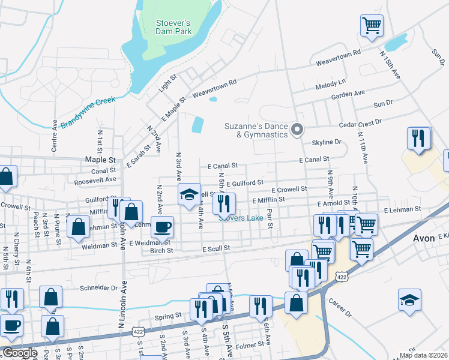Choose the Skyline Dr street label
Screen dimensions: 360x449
pyautogui.click(x=326, y=142)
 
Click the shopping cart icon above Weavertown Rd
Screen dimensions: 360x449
pyautogui.click(x=372, y=26)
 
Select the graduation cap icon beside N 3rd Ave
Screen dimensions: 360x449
pyautogui.click(x=189, y=194)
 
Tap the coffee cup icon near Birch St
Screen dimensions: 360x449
pyautogui.click(x=162, y=227)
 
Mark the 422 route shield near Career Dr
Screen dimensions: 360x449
pyautogui.click(x=341, y=277)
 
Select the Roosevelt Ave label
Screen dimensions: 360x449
pyautogui.click(x=95, y=179)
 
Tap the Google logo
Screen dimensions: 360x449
pyautogui.click(x=20, y=353)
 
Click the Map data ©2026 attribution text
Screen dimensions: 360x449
pyautogui.click(x=423, y=355)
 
